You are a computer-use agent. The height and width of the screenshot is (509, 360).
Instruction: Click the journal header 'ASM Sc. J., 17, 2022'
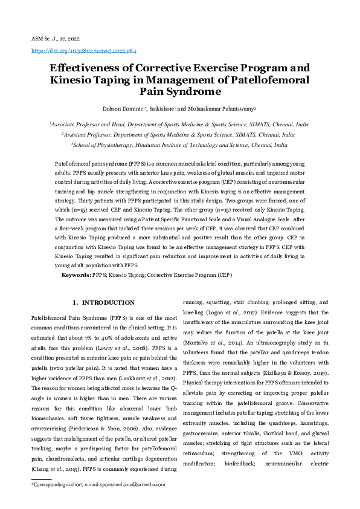(x=56, y=38)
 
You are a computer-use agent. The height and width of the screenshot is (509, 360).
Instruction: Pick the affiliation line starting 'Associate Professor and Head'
(x=179, y=123)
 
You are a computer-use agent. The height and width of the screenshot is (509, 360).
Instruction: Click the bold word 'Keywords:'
(x=76, y=275)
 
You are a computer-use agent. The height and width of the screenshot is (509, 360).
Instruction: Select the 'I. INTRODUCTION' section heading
(x=103, y=302)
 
